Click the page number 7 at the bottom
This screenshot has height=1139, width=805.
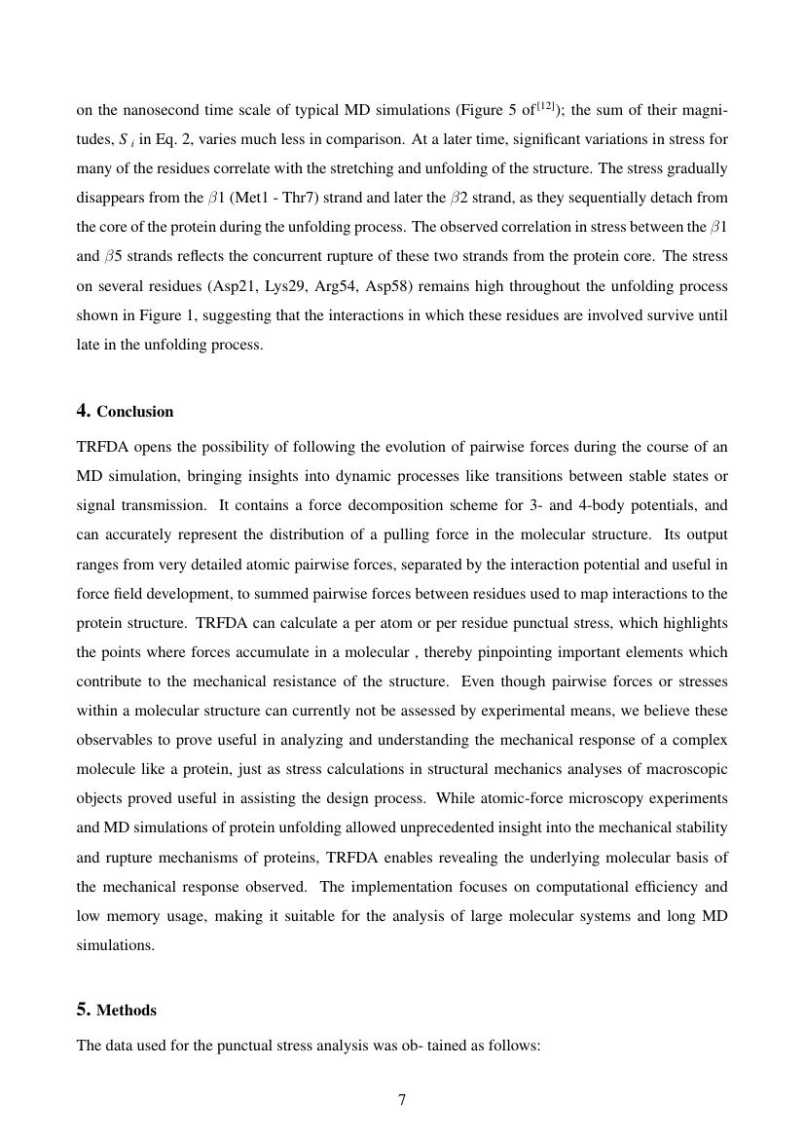click(402, 1101)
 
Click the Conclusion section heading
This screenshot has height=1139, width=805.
click(134, 412)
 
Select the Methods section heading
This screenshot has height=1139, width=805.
click(127, 1010)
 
